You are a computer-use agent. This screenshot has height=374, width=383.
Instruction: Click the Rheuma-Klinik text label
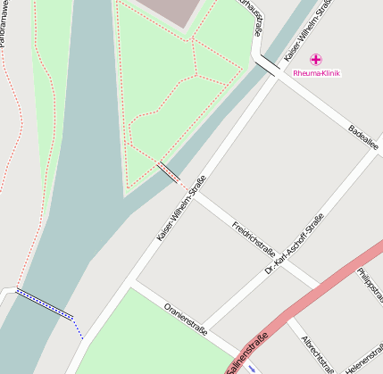click(316, 73)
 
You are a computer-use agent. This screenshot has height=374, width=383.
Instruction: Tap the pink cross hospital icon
click(316, 59)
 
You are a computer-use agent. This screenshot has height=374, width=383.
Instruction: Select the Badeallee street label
click(363, 137)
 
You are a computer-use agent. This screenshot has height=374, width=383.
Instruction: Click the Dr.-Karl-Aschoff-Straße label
click(295, 243)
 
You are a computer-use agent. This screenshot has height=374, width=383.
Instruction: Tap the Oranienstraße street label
click(186, 319)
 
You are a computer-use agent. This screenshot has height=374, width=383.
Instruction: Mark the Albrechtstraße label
click(318, 353)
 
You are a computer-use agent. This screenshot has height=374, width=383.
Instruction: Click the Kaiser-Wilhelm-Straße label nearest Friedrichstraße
click(181, 209)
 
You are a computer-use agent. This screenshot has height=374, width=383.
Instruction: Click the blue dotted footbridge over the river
click(44, 303)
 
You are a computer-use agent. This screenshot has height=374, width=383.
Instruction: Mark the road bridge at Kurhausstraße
click(266, 65)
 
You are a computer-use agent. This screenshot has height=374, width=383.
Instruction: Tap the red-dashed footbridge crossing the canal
click(167, 172)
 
